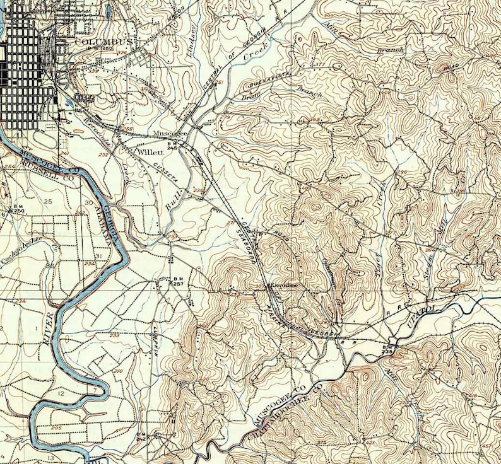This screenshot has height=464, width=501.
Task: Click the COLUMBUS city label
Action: [103, 42]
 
